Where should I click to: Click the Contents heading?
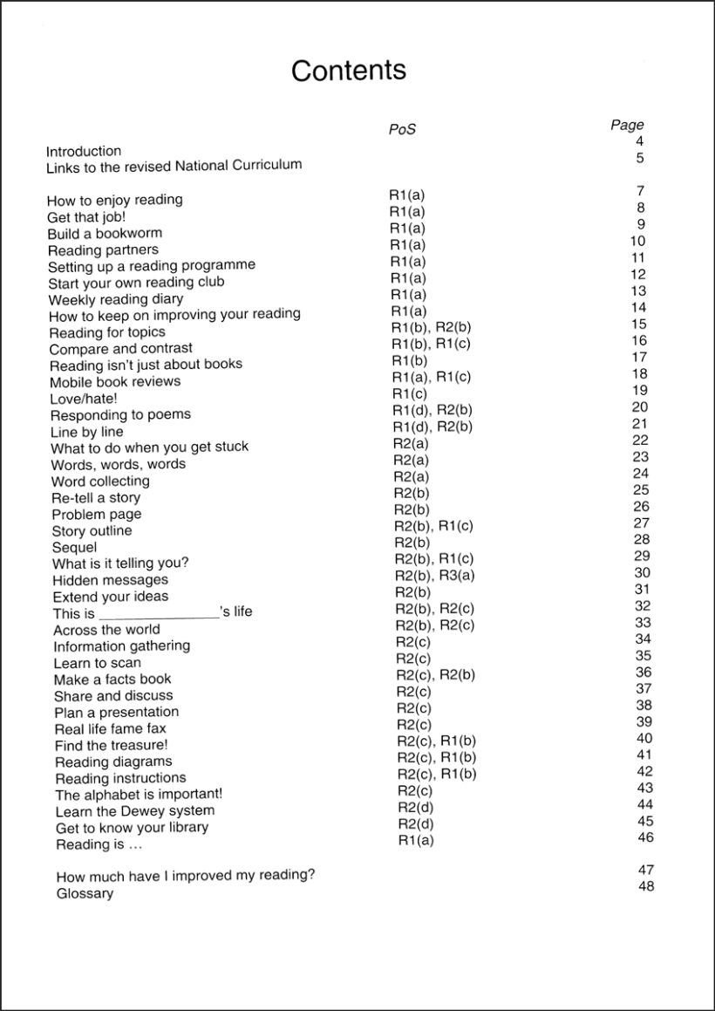coord(349,71)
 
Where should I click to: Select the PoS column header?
coord(402,130)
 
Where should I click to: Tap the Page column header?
coord(627,125)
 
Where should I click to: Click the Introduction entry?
coord(84,151)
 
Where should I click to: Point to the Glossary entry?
coord(85,893)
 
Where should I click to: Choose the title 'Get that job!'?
coord(86,216)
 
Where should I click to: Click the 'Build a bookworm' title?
coord(105,233)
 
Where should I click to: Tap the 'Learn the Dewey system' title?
coord(134,811)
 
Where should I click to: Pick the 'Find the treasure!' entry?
coord(111,745)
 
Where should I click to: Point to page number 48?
coord(646,886)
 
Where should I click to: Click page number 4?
coord(640,141)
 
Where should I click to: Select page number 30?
coord(643,572)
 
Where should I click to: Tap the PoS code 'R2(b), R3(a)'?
coord(434,575)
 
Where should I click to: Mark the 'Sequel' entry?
coord(75,547)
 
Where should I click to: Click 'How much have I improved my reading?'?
coord(186,876)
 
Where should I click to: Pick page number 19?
coord(640,390)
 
